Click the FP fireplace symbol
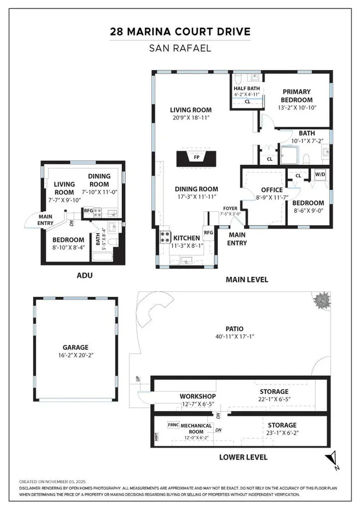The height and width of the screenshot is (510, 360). click(x=197, y=158)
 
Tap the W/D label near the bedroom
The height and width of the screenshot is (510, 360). click(x=319, y=175)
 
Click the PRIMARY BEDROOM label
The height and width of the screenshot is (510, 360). click(x=296, y=96)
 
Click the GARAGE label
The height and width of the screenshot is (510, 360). click(x=75, y=348)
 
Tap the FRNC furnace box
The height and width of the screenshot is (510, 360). click(x=173, y=425)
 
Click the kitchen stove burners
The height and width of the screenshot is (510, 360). click(x=165, y=238)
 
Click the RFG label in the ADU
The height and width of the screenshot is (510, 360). click(x=88, y=211)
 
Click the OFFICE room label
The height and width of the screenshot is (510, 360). click(x=272, y=190)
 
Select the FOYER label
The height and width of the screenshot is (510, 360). click(x=230, y=209)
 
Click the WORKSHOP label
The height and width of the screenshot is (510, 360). click(x=197, y=396)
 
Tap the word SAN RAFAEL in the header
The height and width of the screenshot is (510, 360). click(x=180, y=49)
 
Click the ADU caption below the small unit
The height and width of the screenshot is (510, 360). click(x=85, y=275)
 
